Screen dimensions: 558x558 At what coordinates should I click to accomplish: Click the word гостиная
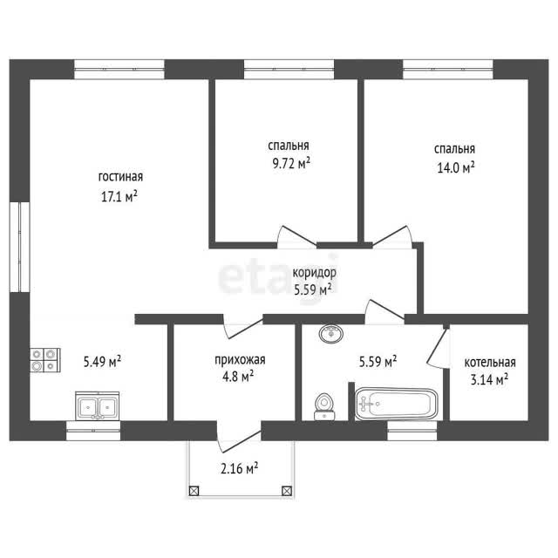tap(120, 177)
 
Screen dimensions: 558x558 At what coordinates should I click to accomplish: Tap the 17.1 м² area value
tap(119, 196)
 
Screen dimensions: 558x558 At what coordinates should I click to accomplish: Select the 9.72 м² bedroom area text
tap(290, 163)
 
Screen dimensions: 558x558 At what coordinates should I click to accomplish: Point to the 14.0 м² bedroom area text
tap(455, 167)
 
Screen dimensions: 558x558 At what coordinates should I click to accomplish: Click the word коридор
tap(314, 273)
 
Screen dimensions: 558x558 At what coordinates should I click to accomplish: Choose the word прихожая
tap(240, 360)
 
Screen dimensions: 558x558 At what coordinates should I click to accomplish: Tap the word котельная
tap(490, 363)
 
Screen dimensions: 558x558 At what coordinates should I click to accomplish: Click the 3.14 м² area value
tap(489, 379)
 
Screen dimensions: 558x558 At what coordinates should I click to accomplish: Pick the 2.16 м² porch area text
tap(239, 468)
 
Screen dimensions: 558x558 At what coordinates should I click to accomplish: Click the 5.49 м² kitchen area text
tap(102, 362)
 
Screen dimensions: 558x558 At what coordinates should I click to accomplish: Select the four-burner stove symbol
tap(44, 360)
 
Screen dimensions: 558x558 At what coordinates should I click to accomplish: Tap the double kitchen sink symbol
tap(97, 406)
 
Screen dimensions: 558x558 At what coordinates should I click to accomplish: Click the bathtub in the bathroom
tap(397, 404)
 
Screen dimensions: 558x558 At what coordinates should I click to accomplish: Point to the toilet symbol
tap(324, 407)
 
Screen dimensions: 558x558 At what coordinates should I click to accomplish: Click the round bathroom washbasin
tap(331, 334)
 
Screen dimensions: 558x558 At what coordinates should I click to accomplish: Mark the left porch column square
tap(194, 491)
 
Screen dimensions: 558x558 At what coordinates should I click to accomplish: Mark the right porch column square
tap(287, 491)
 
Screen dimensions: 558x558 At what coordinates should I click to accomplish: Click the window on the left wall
tap(19, 248)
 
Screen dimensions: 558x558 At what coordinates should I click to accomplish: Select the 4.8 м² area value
tap(238, 377)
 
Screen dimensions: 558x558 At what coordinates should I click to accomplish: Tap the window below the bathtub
tap(412, 431)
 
